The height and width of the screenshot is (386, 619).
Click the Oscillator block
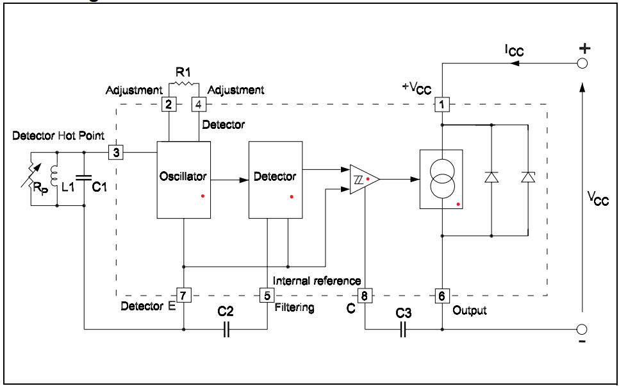pyautogui.click(x=184, y=180)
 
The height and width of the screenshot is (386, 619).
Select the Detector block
pyautogui.click(x=275, y=180)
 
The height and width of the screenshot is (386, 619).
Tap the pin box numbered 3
pyautogui.click(x=116, y=153)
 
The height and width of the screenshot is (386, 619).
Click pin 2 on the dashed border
pyautogui.click(x=168, y=104)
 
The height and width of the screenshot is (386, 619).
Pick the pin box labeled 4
pyautogui.click(x=199, y=104)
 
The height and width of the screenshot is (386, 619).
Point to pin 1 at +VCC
pyautogui.click(x=442, y=104)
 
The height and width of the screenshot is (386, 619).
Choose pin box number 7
pyautogui.click(x=184, y=296)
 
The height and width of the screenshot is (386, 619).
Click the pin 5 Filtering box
pyautogui.click(x=267, y=296)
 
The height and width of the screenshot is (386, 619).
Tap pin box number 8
pyautogui.click(x=364, y=296)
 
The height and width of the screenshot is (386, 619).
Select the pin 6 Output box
pyautogui.click(x=442, y=296)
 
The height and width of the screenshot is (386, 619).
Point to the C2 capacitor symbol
pyautogui.click(x=225, y=329)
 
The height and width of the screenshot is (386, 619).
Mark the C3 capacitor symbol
pyautogui.click(x=402, y=329)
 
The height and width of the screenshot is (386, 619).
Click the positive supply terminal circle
pyautogui.click(x=582, y=63)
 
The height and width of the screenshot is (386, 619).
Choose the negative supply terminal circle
pyautogui.click(x=582, y=329)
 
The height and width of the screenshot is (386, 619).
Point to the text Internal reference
pyautogui.click(x=317, y=281)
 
